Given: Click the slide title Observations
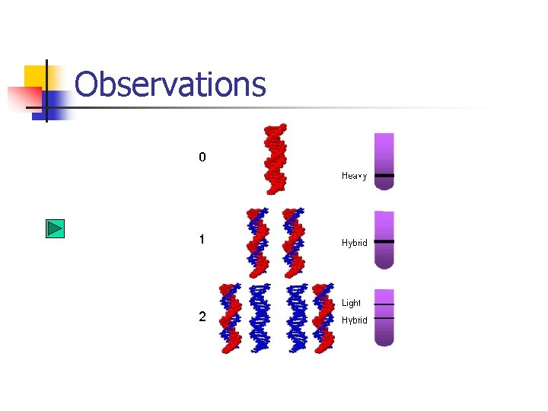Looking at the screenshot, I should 170,84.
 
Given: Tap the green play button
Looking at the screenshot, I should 55,228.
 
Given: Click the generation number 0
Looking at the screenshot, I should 202,158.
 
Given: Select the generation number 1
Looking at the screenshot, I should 202,239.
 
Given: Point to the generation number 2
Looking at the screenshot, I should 202,317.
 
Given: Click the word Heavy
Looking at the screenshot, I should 354,176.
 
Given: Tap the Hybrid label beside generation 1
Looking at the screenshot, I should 354,243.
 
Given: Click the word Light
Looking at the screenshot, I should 351,303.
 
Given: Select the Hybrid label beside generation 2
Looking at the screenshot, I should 354,320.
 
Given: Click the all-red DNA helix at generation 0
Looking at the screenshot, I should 275,158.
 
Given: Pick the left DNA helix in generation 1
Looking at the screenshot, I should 258,242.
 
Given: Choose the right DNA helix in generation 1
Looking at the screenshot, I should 293,242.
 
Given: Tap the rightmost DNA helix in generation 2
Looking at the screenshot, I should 323,318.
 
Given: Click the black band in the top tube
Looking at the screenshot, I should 384,176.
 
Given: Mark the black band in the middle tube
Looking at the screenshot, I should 384,241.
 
